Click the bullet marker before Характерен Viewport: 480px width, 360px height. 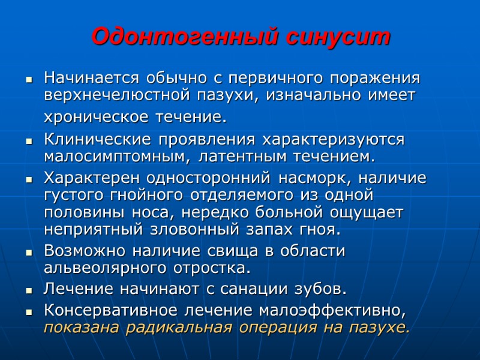28,179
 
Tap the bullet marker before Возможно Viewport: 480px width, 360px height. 28,251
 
